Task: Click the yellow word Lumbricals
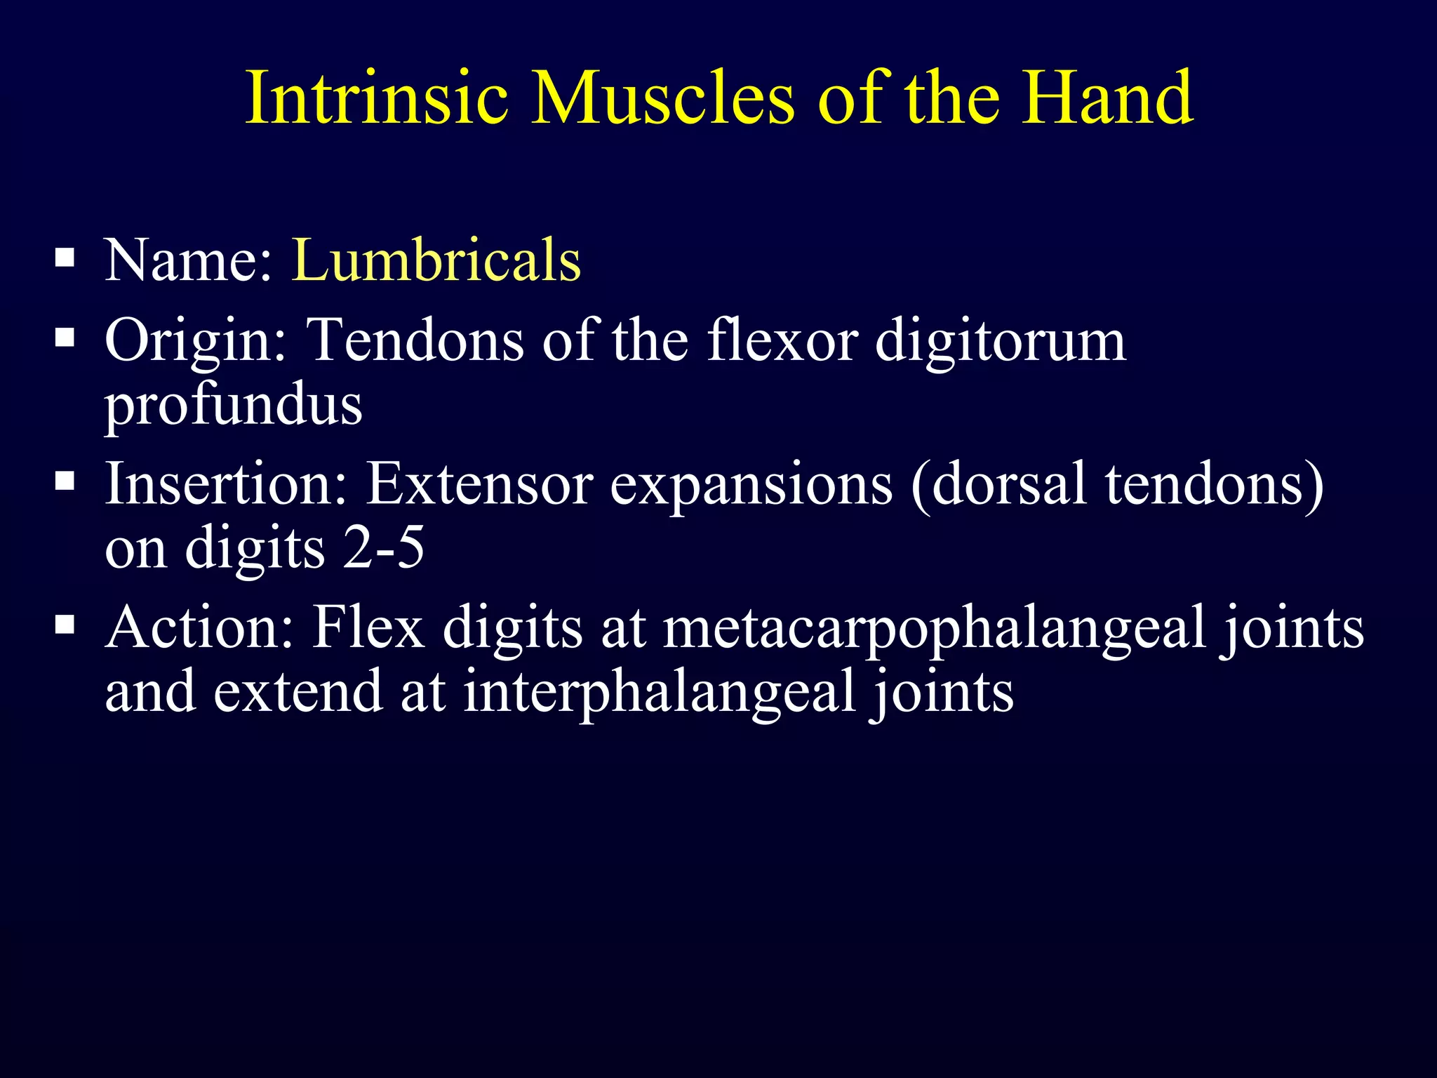[436, 260]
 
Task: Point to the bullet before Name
[65, 258]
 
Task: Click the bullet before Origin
[65, 338]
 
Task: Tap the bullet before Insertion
[65, 481]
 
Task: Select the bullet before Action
[65, 624]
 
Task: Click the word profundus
[234, 406]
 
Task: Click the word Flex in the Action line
[368, 627]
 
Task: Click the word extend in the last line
[298, 691]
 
